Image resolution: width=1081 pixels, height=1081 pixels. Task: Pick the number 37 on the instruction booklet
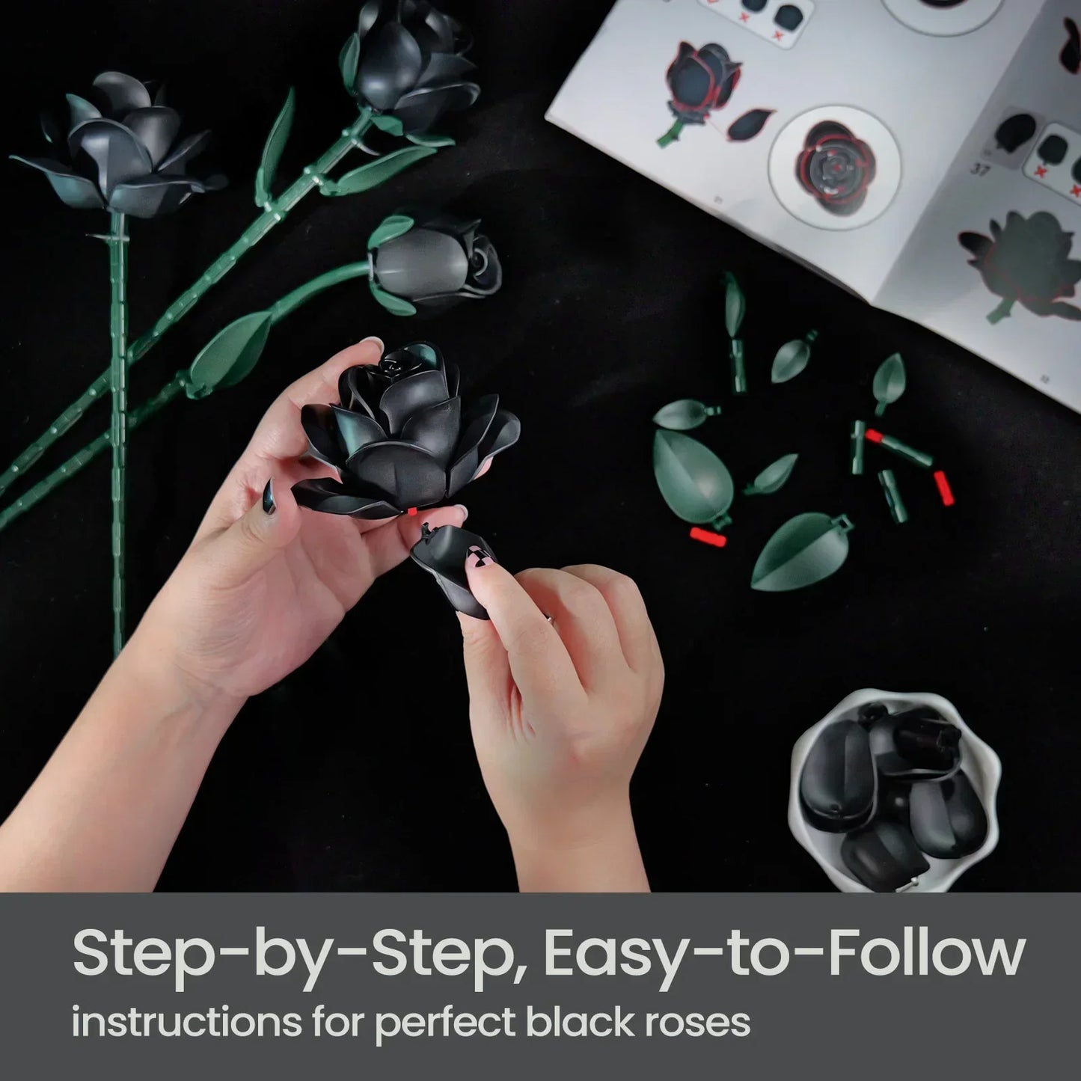pyautogui.click(x=981, y=169)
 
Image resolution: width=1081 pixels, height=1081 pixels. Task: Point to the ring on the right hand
pyautogui.click(x=548, y=617)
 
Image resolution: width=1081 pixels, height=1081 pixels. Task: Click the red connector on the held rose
pyautogui.click(x=412, y=512)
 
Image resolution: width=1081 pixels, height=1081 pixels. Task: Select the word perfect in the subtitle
pyautogui.click(x=445, y=1023)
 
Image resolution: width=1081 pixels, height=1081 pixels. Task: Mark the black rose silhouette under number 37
pyautogui.click(x=1021, y=258)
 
